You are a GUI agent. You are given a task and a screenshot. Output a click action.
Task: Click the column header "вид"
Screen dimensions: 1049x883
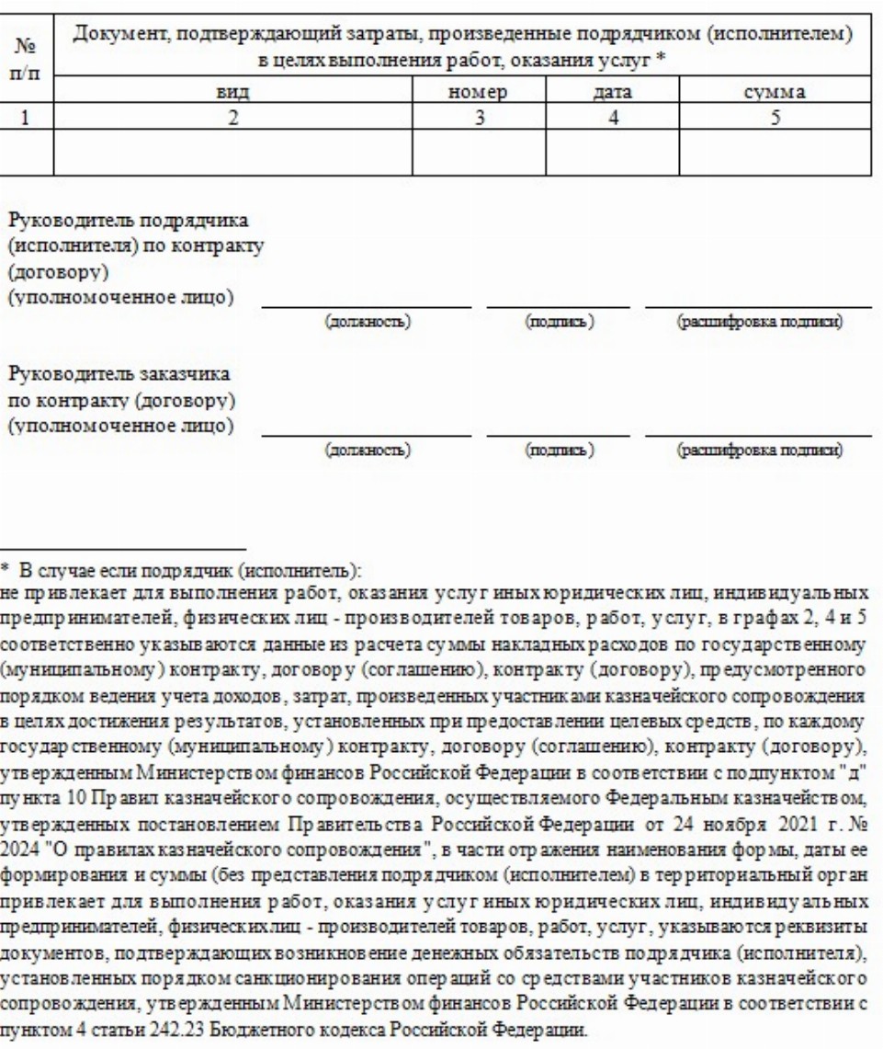(233, 92)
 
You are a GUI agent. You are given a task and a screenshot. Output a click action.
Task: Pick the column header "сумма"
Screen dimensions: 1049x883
(776, 92)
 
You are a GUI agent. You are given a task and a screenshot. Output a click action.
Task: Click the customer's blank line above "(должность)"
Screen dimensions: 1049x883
(367, 433)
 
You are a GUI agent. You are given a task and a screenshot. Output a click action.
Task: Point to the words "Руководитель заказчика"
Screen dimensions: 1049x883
(119, 377)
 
